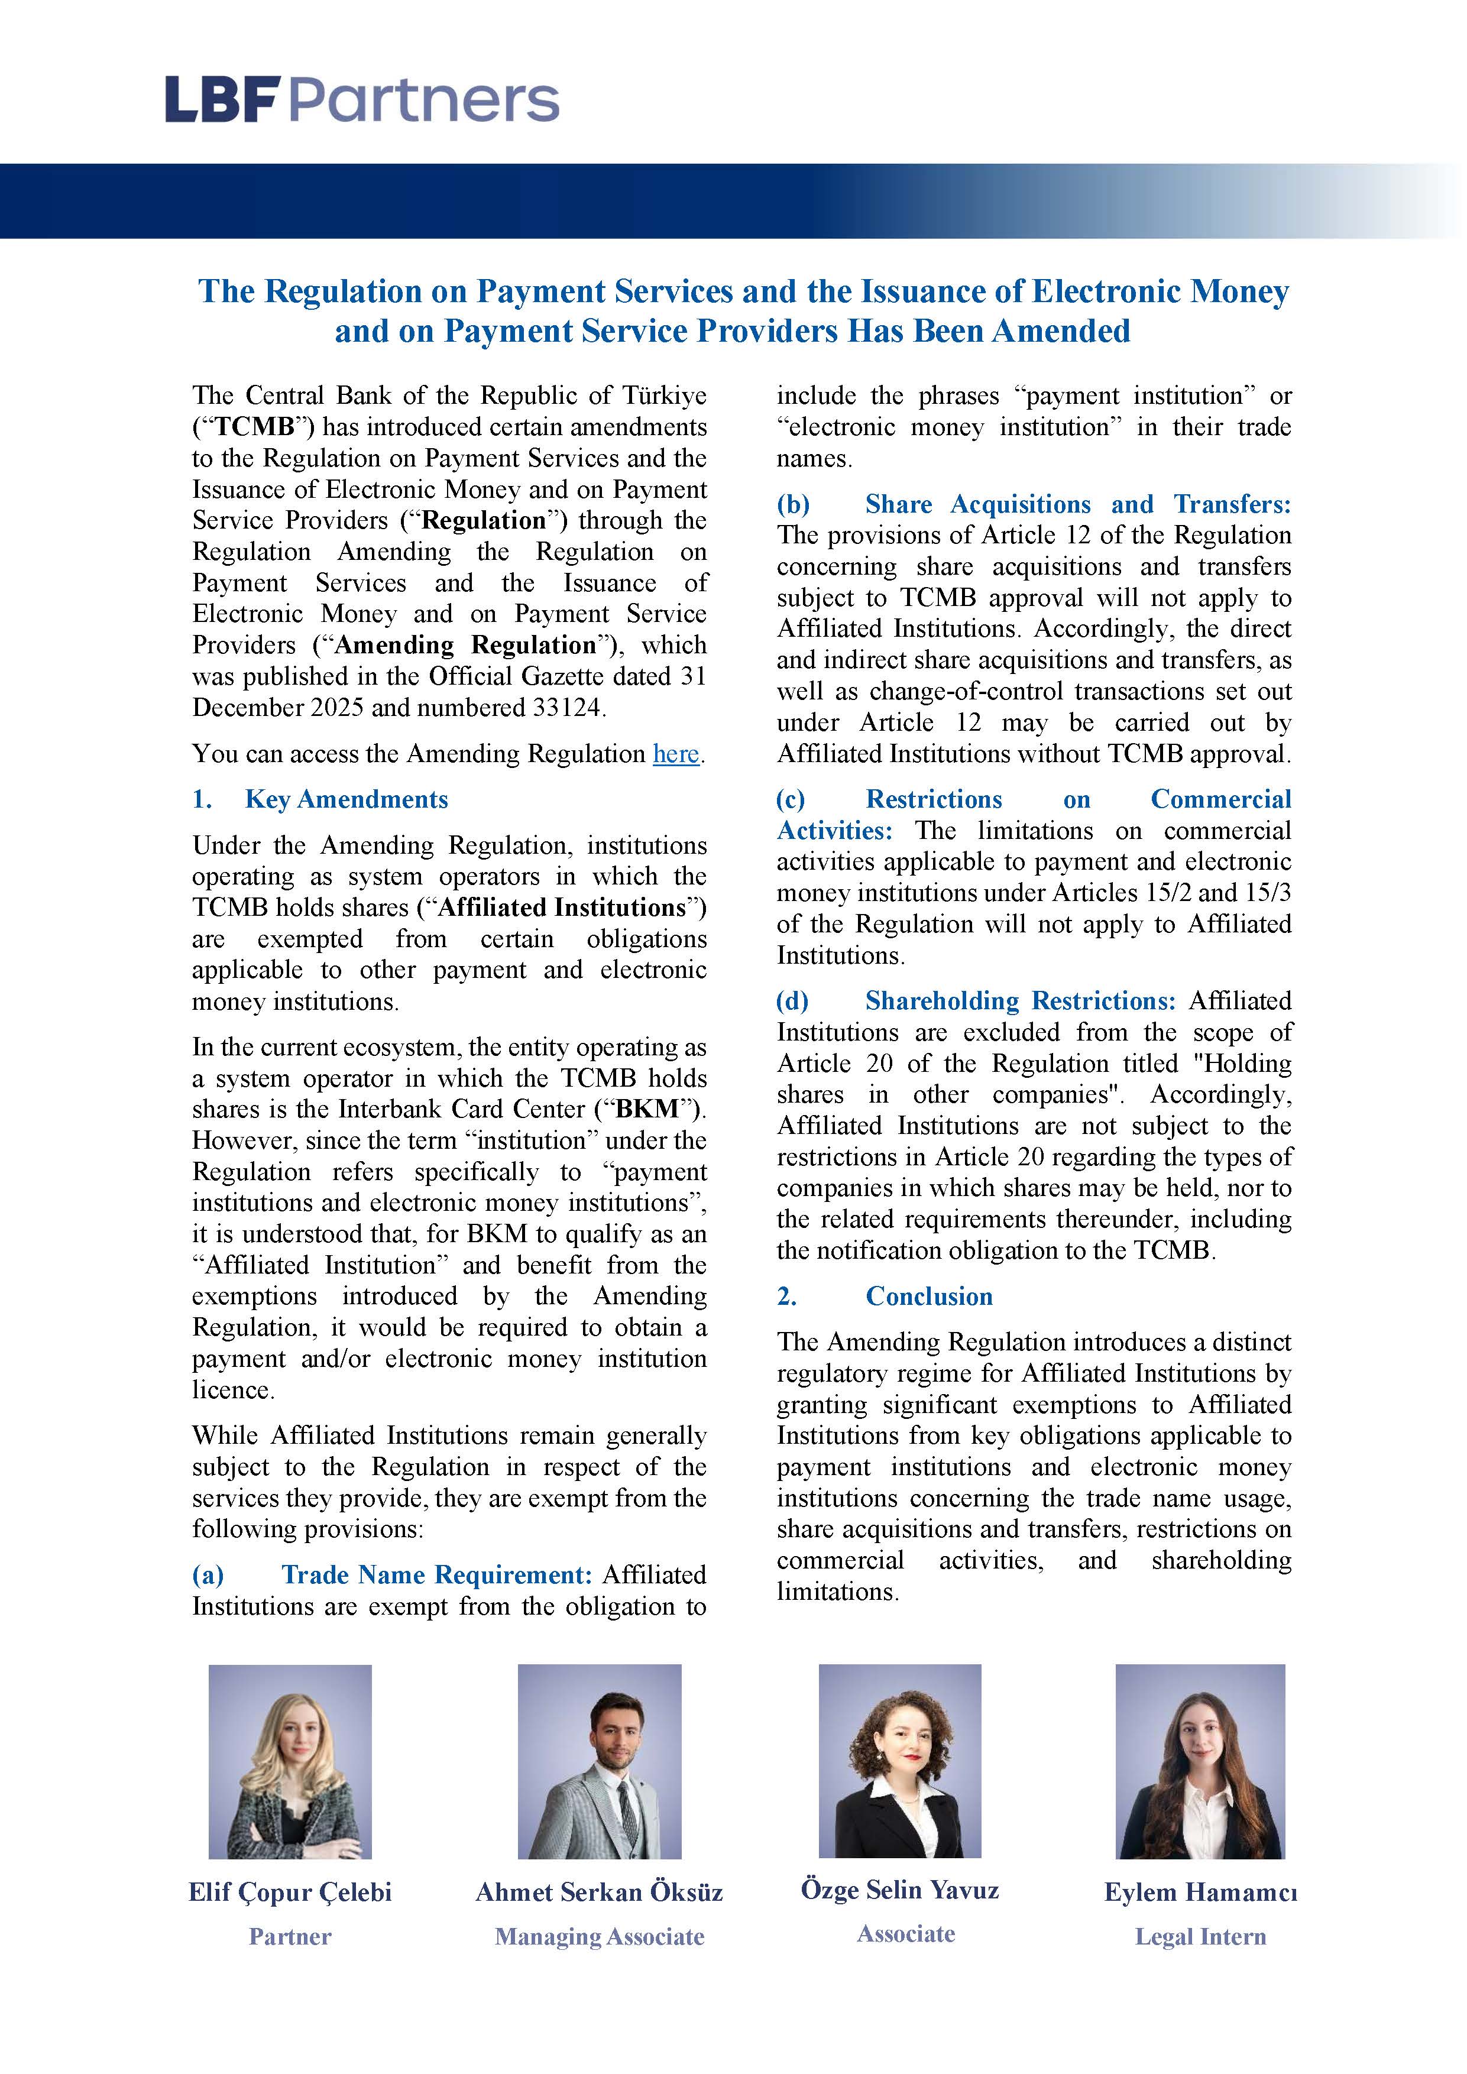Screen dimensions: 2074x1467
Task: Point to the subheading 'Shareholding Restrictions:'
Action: pyautogui.click(x=1020, y=1001)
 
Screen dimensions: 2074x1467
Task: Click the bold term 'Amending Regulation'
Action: pyautogui.click(x=466, y=645)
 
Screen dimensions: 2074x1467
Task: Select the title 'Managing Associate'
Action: pyautogui.click(x=599, y=1937)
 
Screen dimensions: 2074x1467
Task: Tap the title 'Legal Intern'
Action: pyautogui.click(x=1200, y=1937)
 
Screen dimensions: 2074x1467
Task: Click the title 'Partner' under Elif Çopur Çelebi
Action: pyautogui.click(x=290, y=1937)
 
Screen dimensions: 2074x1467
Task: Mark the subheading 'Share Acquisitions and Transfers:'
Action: pyautogui.click(x=1078, y=504)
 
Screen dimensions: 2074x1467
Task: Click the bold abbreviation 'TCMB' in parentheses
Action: pyautogui.click(x=255, y=427)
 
